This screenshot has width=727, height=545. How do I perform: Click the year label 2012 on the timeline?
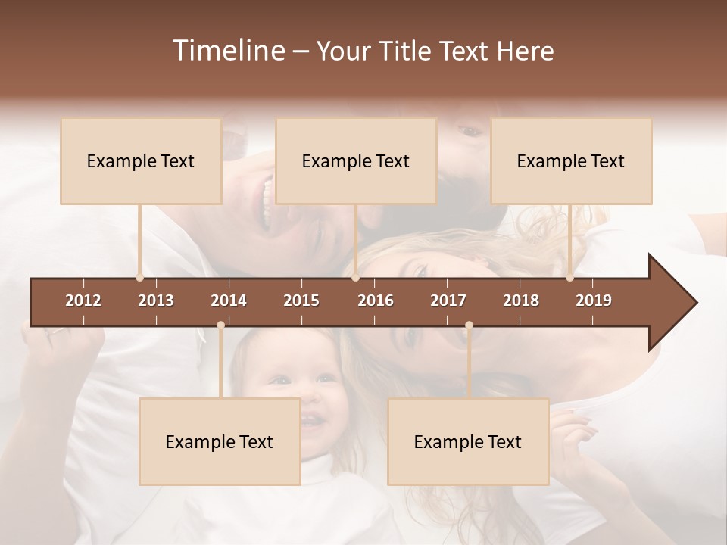[x=83, y=301]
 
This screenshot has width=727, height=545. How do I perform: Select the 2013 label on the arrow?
[x=156, y=301]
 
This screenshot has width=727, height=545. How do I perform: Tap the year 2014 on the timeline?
[x=229, y=301]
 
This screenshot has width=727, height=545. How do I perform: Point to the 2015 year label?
[x=301, y=301]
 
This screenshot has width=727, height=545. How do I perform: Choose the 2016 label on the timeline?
[x=376, y=301]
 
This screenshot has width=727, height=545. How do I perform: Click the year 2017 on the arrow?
[x=448, y=301]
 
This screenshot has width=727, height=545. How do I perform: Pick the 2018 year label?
[x=521, y=301]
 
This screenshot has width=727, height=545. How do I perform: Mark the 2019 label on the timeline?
[x=594, y=301]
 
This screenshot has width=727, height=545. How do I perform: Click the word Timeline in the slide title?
[x=226, y=51]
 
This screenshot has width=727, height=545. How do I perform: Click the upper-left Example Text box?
[x=141, y=161]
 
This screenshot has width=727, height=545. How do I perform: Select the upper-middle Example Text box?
[x=356, y=161]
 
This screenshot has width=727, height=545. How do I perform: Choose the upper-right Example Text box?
[x=571, y=161]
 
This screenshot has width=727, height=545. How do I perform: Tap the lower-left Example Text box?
[x=220, y=442]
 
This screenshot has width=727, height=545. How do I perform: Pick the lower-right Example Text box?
[x=468, y=442]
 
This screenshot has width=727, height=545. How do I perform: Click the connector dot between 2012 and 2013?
[x=140, y=277]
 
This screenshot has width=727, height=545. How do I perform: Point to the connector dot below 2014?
[x=220, y=325]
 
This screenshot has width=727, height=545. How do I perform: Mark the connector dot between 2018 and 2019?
[x=570, y=277]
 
